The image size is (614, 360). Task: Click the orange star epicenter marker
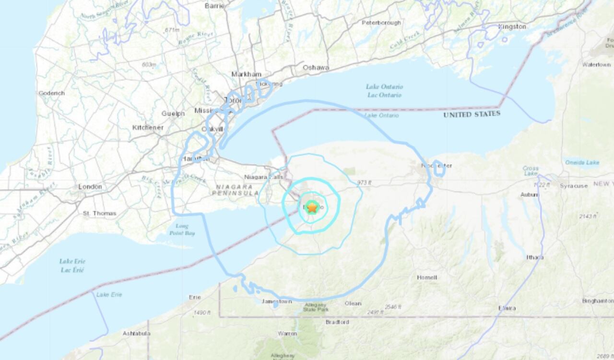click(x=312, y=208)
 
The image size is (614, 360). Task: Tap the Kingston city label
click(x=512, y=27)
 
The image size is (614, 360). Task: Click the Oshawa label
click(x=316, y=68)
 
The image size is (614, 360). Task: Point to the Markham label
click(x=247, y=74)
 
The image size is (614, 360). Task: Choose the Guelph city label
click(x=173, y=114)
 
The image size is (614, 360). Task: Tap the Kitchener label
click(x=148, y=128)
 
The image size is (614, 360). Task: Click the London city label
click(x=91, y=187)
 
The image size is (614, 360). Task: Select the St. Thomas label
click(x=99, y=213)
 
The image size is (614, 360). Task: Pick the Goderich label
click(x=51, y=93)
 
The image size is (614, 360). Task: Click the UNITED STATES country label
click(x=472, y=114)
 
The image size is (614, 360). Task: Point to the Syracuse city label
click(x=574, y=186)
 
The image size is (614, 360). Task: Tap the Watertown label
click(x=596, y=64)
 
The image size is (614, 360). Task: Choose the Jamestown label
click(x=276, y=301)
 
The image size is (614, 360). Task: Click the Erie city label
click(x=195, y=297)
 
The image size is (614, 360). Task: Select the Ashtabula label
click(x=136, y=333)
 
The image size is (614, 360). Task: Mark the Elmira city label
click(x=507, y=308)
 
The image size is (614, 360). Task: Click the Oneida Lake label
click(x=582, y=163)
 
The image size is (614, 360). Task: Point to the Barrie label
click(x=214, y=6)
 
